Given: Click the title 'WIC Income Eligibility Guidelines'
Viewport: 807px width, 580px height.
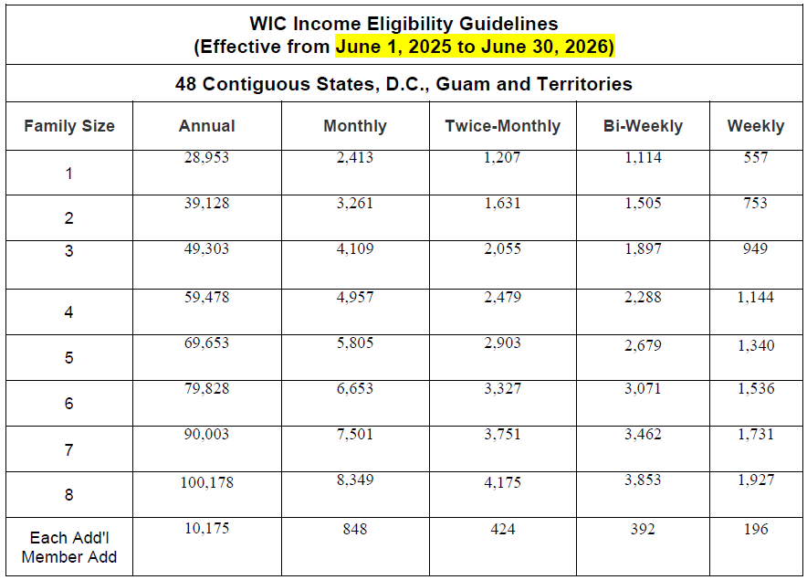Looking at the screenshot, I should tap(403, 24).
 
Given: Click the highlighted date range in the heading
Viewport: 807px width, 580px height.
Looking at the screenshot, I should tap(475, 47).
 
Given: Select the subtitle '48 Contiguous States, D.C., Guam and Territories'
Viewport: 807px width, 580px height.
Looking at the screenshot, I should tap(403, 84).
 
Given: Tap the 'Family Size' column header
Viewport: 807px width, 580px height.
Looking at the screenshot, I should tap(69, 126).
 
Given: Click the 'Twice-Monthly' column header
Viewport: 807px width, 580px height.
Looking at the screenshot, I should tap(503, 126).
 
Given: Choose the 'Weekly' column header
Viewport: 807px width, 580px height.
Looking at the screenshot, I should tap(755, 126).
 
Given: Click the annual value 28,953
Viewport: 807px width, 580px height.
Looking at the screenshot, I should tap(207, 158).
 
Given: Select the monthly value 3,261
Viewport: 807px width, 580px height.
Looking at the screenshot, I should tap(354, 204).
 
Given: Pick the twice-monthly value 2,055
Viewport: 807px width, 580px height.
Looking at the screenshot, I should tap(502, 249).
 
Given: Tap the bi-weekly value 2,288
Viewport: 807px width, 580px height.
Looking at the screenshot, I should tap(643, 297).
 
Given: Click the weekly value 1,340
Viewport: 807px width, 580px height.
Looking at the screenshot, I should tap(755, 345).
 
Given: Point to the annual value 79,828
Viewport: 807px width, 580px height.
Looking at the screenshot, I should tap(207, 389).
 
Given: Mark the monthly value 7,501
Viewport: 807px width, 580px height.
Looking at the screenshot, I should tap(354, 435).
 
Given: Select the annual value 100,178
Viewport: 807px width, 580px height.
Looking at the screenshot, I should tap(207, 482).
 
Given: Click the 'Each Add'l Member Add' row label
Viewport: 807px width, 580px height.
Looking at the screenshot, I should tap(69, 547).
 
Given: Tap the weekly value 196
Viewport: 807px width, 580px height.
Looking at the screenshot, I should tap(755, 529).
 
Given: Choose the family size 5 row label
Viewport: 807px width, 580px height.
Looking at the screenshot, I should tap(69, 358).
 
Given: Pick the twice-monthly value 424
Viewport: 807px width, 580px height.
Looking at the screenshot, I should tap(502, 529).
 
